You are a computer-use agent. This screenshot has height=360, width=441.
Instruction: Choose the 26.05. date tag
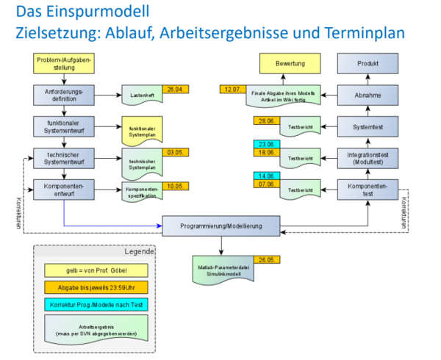click(x=265, y=259)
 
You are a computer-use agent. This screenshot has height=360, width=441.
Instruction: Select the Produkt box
click(x=367, y=64)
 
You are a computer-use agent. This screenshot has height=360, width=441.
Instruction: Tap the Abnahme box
click(x=367, y=96)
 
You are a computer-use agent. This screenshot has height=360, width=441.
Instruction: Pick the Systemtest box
click(x=367, y=127)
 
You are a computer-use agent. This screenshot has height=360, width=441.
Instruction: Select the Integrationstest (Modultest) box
click(x=367, y=159)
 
